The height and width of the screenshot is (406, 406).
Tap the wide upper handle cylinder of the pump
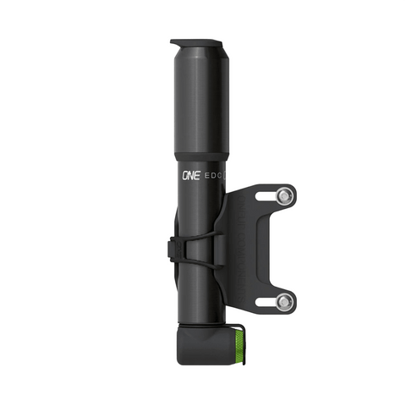tap(200, 101)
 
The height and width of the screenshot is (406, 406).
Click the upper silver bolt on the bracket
tap(285, 196)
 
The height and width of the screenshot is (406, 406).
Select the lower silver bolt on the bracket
tap(285, 301)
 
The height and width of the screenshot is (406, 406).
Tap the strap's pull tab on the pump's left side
tap(173, 249)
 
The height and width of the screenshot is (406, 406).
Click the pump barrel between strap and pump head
tap(200, 292)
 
